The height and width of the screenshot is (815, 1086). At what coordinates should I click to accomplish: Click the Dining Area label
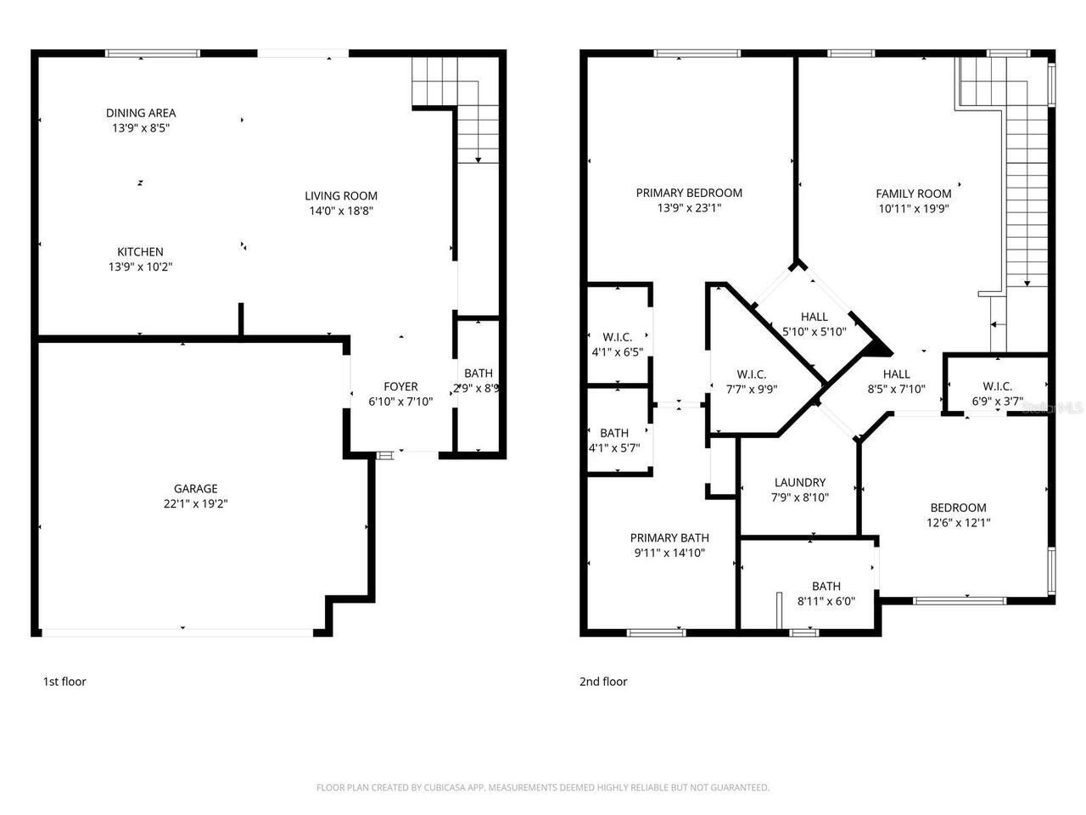[141, 113]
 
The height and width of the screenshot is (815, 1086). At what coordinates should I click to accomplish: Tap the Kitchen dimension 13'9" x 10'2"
[141, 267]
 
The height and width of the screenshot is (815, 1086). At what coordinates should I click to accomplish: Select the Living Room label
[341, 196]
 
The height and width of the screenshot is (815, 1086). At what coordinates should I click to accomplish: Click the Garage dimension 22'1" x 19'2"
[196, 503]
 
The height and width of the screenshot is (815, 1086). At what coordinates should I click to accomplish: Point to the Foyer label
[400, 387]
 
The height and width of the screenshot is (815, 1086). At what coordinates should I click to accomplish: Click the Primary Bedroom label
[689, 193]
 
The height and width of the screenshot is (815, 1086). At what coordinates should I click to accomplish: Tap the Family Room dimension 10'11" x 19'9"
[914, 209]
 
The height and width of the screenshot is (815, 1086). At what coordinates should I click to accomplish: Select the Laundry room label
[799, 483]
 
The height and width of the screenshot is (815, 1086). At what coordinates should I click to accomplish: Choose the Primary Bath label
[669, 537]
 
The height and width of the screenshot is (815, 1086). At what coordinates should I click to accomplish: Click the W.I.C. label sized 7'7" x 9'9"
[752, 374]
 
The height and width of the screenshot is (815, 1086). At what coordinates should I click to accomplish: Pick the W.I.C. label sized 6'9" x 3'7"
[997, 386]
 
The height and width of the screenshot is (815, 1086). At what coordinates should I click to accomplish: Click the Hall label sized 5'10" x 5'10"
[814, 318]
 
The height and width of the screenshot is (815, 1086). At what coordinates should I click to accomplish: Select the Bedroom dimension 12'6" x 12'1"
[958, 523]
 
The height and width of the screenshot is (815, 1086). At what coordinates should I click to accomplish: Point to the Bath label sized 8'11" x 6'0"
[826, 586]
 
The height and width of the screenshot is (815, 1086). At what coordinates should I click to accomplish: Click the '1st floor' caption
[64, 682]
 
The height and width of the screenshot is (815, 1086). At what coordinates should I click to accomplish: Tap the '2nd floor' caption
[603, 682]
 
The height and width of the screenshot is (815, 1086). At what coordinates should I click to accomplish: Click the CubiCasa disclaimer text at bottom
[543, 788]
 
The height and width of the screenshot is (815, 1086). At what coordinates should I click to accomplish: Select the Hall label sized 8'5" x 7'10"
[896, 374]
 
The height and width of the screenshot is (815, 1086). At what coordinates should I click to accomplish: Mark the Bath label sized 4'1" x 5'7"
[613, 433]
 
